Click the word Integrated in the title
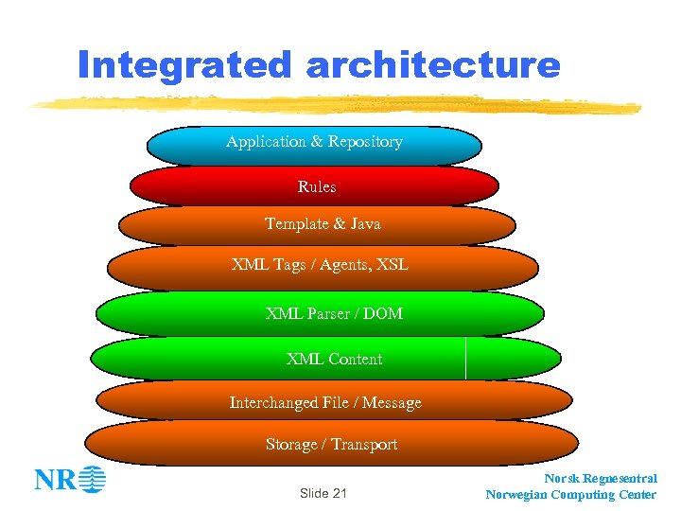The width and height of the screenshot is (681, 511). [x=186, y=66]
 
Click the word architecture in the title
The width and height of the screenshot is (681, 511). [x=433, y=66]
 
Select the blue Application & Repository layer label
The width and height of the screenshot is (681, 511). [x=314, y=142]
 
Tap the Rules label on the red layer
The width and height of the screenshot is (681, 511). [x=317, y=187]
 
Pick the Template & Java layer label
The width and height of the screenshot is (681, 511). [x=323, y=224]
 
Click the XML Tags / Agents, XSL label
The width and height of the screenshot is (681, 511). [x=320, y=265]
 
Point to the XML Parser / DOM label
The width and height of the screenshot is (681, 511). [x=334, y=313]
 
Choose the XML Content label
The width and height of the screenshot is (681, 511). [x=334, y=360]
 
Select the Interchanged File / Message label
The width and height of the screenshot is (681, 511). [x=325, y=403]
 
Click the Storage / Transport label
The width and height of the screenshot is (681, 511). [x=331, y=445]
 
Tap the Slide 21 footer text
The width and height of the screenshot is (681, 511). [x=323, y=493]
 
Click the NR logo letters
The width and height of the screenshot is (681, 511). [x=55, y=480]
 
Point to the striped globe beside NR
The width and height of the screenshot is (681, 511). [x=93, y=480]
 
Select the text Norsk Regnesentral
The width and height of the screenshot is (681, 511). [x=601, y=479]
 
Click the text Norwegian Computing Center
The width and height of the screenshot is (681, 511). [x=570, y=495]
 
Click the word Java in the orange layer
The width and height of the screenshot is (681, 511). [x=364, y=224]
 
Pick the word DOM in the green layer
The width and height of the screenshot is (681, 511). [x=383, y=313]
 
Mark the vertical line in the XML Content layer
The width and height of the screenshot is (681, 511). [x=466, y=358]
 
